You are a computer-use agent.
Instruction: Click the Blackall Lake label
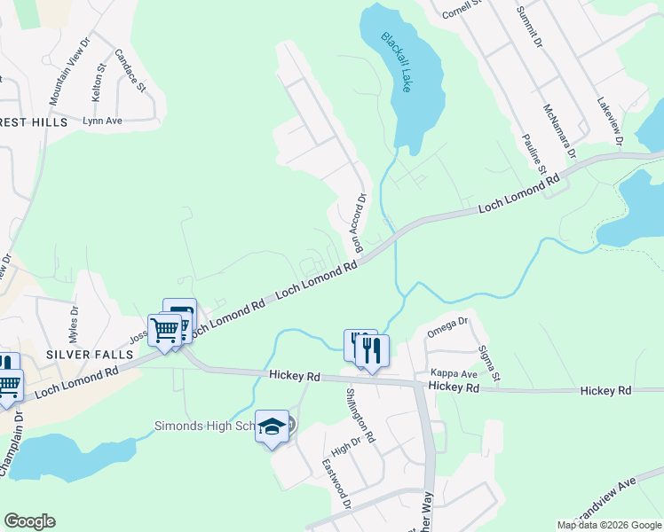397,63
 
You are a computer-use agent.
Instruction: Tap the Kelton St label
99,74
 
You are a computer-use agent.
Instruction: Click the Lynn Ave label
102,120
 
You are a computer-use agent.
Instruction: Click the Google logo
29,521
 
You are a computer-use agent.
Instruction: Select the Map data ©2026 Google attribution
609,525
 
